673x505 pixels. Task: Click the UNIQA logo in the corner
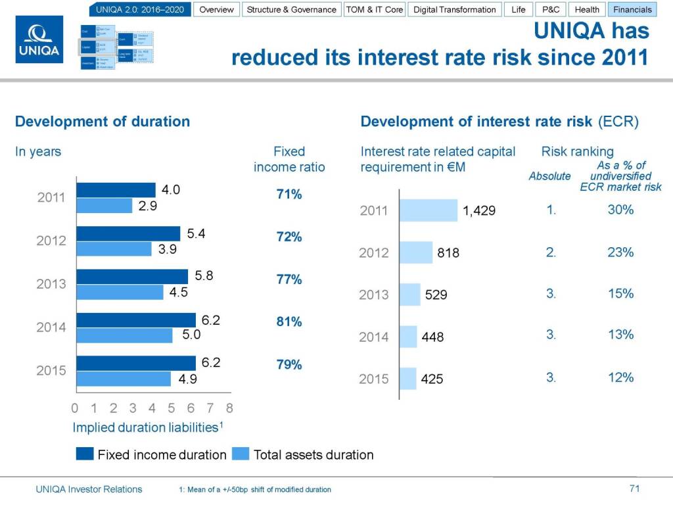pos(39,39)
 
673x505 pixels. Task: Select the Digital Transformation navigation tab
pos(454,9)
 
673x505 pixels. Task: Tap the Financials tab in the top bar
pos(632,9)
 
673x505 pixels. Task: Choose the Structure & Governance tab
pos(291,9)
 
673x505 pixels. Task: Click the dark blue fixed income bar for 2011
pos(116,190)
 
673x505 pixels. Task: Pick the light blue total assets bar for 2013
pos(120,292)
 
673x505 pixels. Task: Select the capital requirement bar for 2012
pos(416,252)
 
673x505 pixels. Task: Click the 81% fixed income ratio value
pos(289,322)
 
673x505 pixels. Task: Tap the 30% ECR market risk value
pos(620,209)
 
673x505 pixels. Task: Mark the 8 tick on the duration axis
pos(229,408)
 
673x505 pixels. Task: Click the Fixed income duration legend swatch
pos(85,454)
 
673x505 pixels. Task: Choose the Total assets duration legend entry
pos(313,454)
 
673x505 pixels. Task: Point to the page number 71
pos(634,489)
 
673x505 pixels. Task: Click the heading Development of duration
pos(103,121)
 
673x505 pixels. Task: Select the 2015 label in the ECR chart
pos(374,379)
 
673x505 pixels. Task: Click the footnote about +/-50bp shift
pos(255,489)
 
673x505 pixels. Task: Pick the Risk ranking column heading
pos(577,151)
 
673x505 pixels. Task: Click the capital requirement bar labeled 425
pos(408,379)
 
